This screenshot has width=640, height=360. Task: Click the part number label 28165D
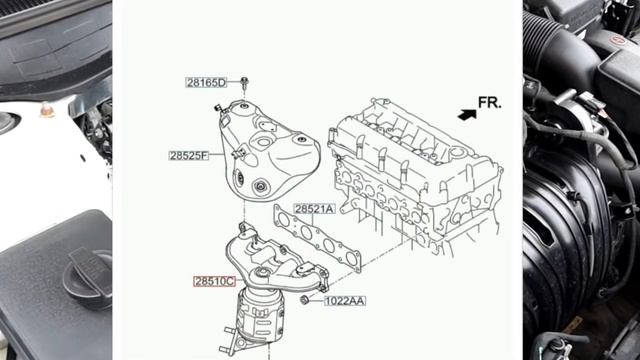(x=206, y=83)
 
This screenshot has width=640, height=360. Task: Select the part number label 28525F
(x=189, y=156)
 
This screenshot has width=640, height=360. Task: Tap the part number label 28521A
(x=314, y=209)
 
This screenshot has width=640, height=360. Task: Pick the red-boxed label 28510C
(x=215, y=281)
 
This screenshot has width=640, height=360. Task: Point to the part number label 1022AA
(x=345, y=301)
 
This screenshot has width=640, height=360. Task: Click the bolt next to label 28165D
(x=244, y=84)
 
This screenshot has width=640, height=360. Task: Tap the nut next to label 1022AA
(x=304, y=300)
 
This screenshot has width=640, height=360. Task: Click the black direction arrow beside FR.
(x=467, y=115)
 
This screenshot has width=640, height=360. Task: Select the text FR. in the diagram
(x=489, y=103)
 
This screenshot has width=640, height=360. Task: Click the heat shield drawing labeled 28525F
(x=267, y=151)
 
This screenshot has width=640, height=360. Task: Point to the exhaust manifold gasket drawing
(x=317, y=238)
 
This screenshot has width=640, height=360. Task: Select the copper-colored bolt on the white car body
(x=47, y=110)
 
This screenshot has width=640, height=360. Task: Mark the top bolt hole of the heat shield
(x=244, y=106)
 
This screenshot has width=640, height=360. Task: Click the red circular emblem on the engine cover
(x=618, y=40)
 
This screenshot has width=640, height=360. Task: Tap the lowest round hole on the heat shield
(x=260, y=187)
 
